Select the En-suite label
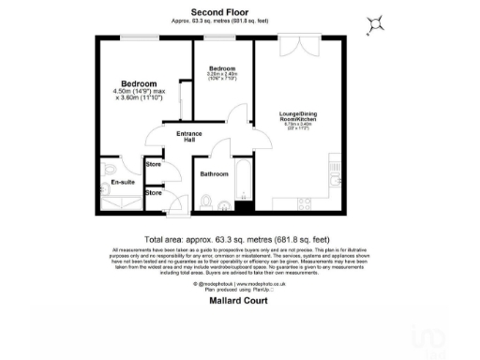tap(122, 182)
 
